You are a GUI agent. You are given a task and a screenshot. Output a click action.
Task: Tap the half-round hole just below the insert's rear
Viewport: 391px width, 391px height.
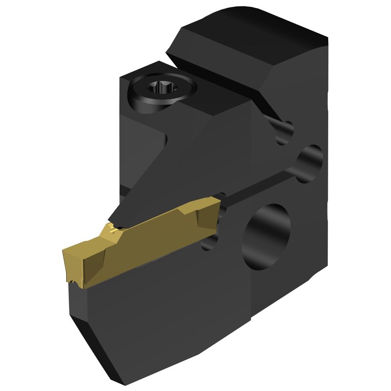click(210, 240)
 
